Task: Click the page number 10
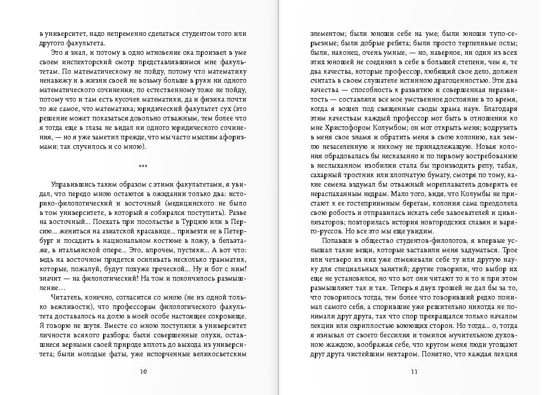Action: pyautogui.click(x=143, y=371)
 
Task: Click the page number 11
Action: pyautogui.click(x=413, y=371)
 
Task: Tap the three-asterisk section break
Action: pyautogui.click(x=143, y=166)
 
